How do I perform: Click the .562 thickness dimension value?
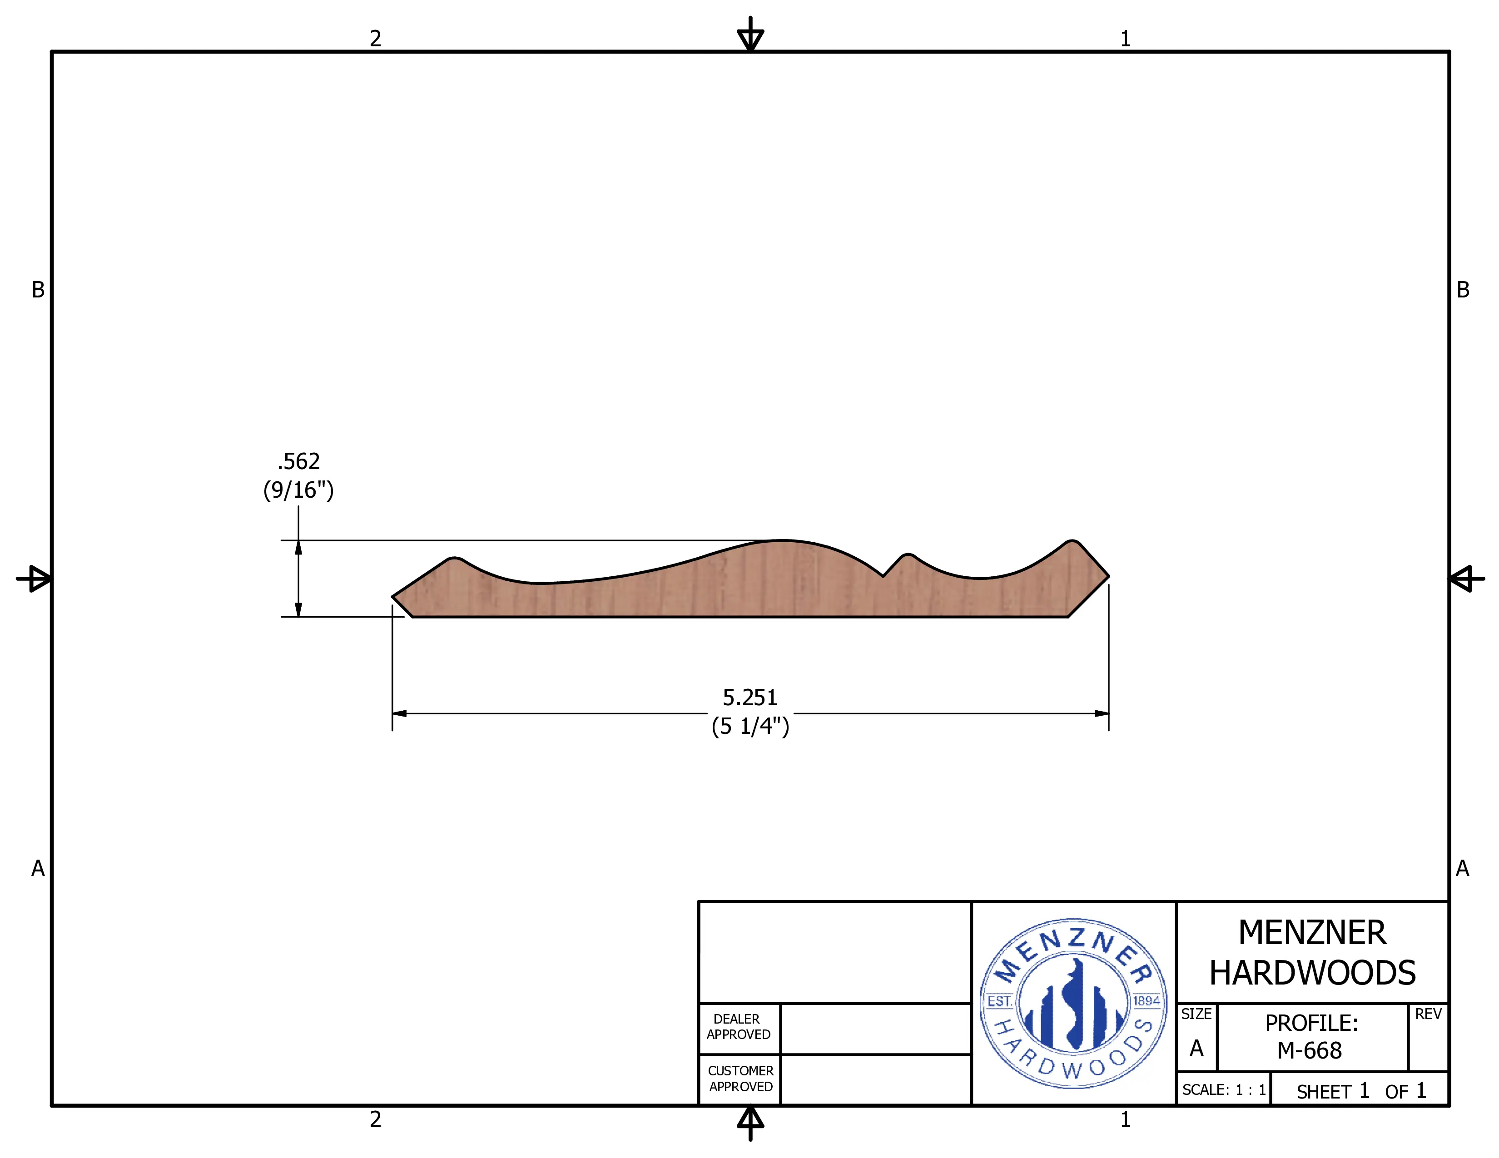(298, 461)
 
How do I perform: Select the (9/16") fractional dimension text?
(298, 490)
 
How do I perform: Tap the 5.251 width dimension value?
(750, 698)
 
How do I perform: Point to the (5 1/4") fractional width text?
(750, 726)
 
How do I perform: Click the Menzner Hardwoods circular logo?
(1073, 1004)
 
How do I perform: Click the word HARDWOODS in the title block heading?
(1312, 973)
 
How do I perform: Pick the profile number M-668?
(1310, 1050)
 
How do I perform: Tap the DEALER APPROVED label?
(739, 1027)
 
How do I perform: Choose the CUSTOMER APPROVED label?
(740, 1079)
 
